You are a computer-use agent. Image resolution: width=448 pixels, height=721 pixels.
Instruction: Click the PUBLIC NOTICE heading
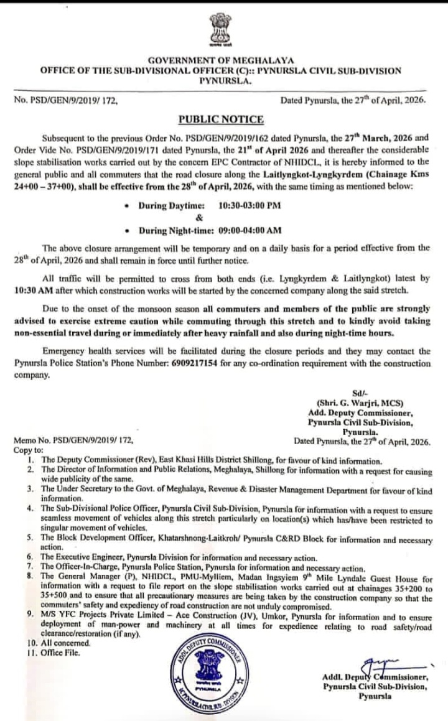[x=221, y=119]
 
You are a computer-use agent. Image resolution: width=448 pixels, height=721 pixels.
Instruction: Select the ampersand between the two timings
[x=199, y=218]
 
